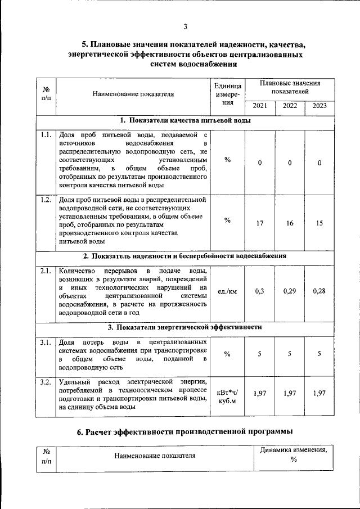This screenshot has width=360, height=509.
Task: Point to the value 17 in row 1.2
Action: (260, 223)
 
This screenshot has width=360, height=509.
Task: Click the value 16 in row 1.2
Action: (290, 223)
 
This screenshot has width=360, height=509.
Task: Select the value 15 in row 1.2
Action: (319, 223)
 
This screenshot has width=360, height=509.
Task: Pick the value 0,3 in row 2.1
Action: (260, 291)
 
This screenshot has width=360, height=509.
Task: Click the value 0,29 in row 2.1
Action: (290, 291)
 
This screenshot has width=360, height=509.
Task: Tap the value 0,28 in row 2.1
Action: (319, 291)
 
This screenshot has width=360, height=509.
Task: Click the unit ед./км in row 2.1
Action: (227, 291)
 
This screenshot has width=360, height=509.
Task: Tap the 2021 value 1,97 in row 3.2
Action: (260, 393)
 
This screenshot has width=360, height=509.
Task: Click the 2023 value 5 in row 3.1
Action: (319, 354)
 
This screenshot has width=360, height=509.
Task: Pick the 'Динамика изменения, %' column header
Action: (293, 455)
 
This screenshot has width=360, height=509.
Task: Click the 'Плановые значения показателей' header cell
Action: (289, 87)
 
